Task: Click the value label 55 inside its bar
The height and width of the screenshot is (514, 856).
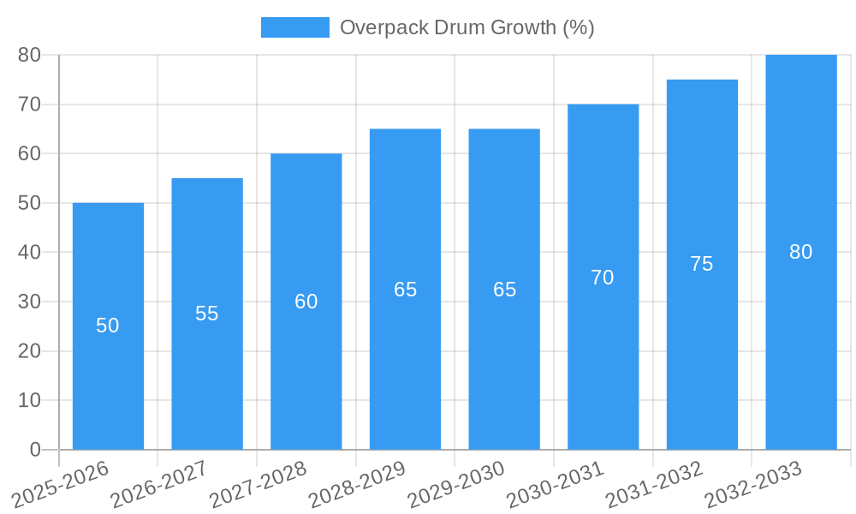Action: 206,314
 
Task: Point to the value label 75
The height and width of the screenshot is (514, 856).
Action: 701,264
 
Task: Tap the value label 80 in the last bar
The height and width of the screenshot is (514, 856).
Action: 800,252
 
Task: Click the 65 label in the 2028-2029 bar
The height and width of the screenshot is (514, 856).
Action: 405,290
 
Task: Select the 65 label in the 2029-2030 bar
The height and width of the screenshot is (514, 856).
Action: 504,290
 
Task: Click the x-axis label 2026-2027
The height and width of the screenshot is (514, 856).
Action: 158,485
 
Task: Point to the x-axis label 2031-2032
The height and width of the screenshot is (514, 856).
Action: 654,485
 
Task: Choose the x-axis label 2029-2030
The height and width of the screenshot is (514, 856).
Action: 455,485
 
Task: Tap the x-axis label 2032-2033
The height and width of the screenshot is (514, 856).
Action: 753,485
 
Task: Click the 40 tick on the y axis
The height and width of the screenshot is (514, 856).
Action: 29,253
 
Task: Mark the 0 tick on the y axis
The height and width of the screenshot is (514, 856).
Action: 35,450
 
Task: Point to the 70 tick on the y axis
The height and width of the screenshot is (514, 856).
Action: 29,105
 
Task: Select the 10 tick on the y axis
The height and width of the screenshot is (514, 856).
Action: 29,401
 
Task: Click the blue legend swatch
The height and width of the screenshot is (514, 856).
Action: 294,27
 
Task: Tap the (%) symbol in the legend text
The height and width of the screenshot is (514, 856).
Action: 578,27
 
